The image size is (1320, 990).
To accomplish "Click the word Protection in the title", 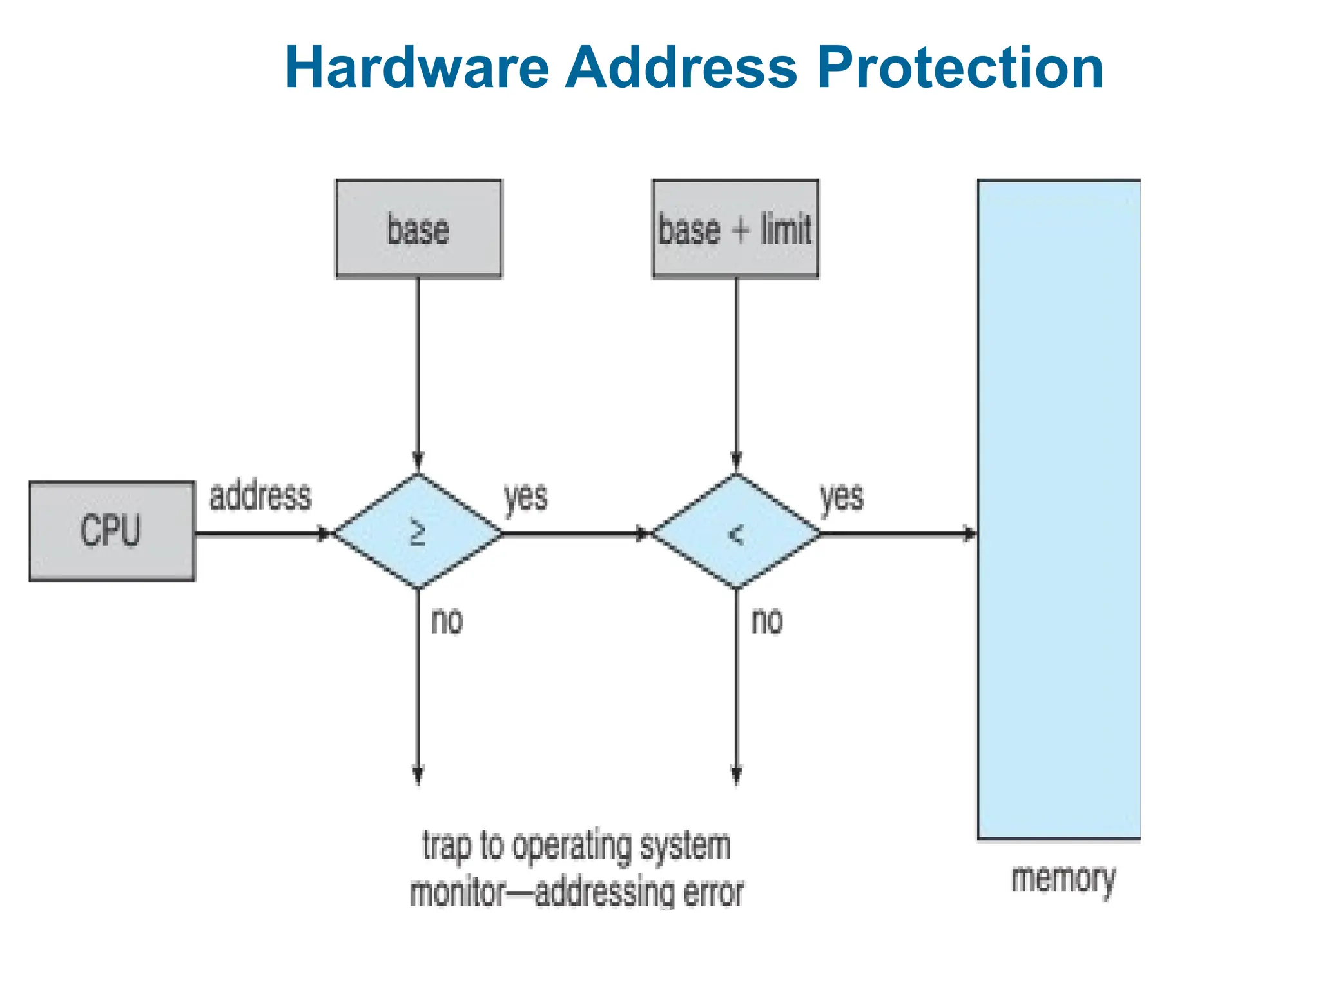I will click(960, 68).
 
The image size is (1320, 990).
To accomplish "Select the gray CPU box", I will click(112, 531).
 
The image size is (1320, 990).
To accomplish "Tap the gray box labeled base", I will click(418, 229).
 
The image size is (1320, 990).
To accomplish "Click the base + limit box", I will click(735, 229).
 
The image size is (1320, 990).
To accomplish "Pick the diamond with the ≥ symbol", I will click(418, 532).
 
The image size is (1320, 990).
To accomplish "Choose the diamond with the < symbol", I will click(736, 532).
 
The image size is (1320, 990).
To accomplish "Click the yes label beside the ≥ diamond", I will click(525, 498).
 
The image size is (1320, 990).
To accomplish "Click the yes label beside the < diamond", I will click(841, 498).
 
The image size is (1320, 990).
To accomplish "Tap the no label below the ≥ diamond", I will click(447, 621).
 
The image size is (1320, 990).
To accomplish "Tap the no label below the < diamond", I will click(767, 621).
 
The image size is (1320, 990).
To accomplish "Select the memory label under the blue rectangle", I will click(1063, 880).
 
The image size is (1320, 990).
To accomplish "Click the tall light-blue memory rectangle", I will click(1059, 509).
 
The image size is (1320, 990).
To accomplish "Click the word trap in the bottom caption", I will click(447, 846).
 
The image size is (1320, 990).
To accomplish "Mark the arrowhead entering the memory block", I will click(969, 534).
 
